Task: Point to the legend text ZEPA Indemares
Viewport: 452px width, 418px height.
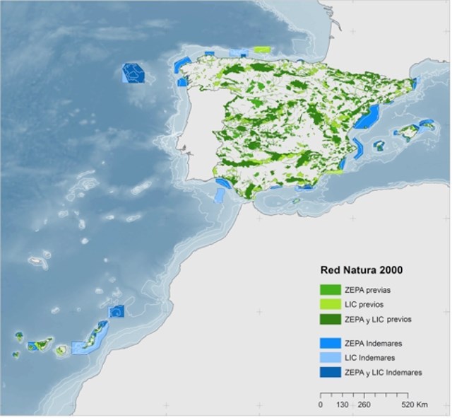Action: point(373,343)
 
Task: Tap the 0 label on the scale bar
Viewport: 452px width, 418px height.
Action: point(321,405)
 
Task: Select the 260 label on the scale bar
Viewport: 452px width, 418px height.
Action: point(364,405)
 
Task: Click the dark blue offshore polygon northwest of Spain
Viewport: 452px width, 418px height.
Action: point(133,72)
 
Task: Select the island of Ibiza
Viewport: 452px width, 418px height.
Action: point(379,146)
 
